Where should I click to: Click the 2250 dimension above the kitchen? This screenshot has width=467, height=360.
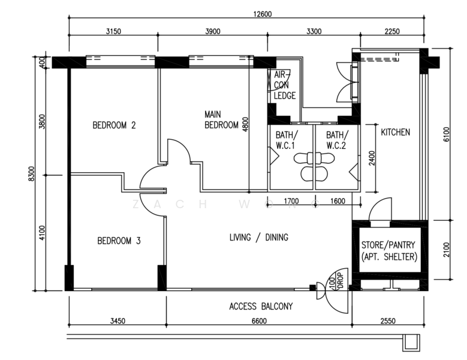(391, 32)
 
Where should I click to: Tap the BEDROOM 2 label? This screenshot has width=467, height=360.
(114, 125)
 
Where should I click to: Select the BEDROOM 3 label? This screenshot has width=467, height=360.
(119, 241)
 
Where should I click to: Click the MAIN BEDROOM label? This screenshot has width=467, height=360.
(221, 119)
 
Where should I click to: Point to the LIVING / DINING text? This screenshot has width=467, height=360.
(258, 238)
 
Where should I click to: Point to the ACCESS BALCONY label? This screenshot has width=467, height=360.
(261, 307)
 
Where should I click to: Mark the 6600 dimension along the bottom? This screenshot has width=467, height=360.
(258, 322)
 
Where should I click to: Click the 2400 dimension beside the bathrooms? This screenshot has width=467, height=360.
(372, 158)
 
